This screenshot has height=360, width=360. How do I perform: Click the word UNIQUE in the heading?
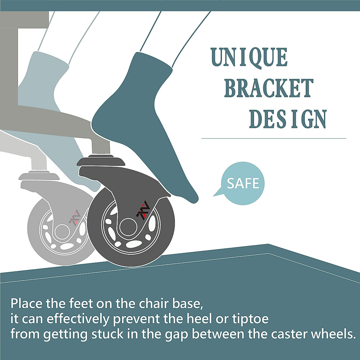249,57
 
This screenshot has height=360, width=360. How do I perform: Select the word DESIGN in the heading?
288,119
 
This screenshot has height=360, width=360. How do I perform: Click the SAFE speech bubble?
241,183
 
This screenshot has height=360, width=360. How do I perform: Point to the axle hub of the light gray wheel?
62,231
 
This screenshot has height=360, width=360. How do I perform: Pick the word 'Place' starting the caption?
26,304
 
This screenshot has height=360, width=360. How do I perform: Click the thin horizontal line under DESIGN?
274,138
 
